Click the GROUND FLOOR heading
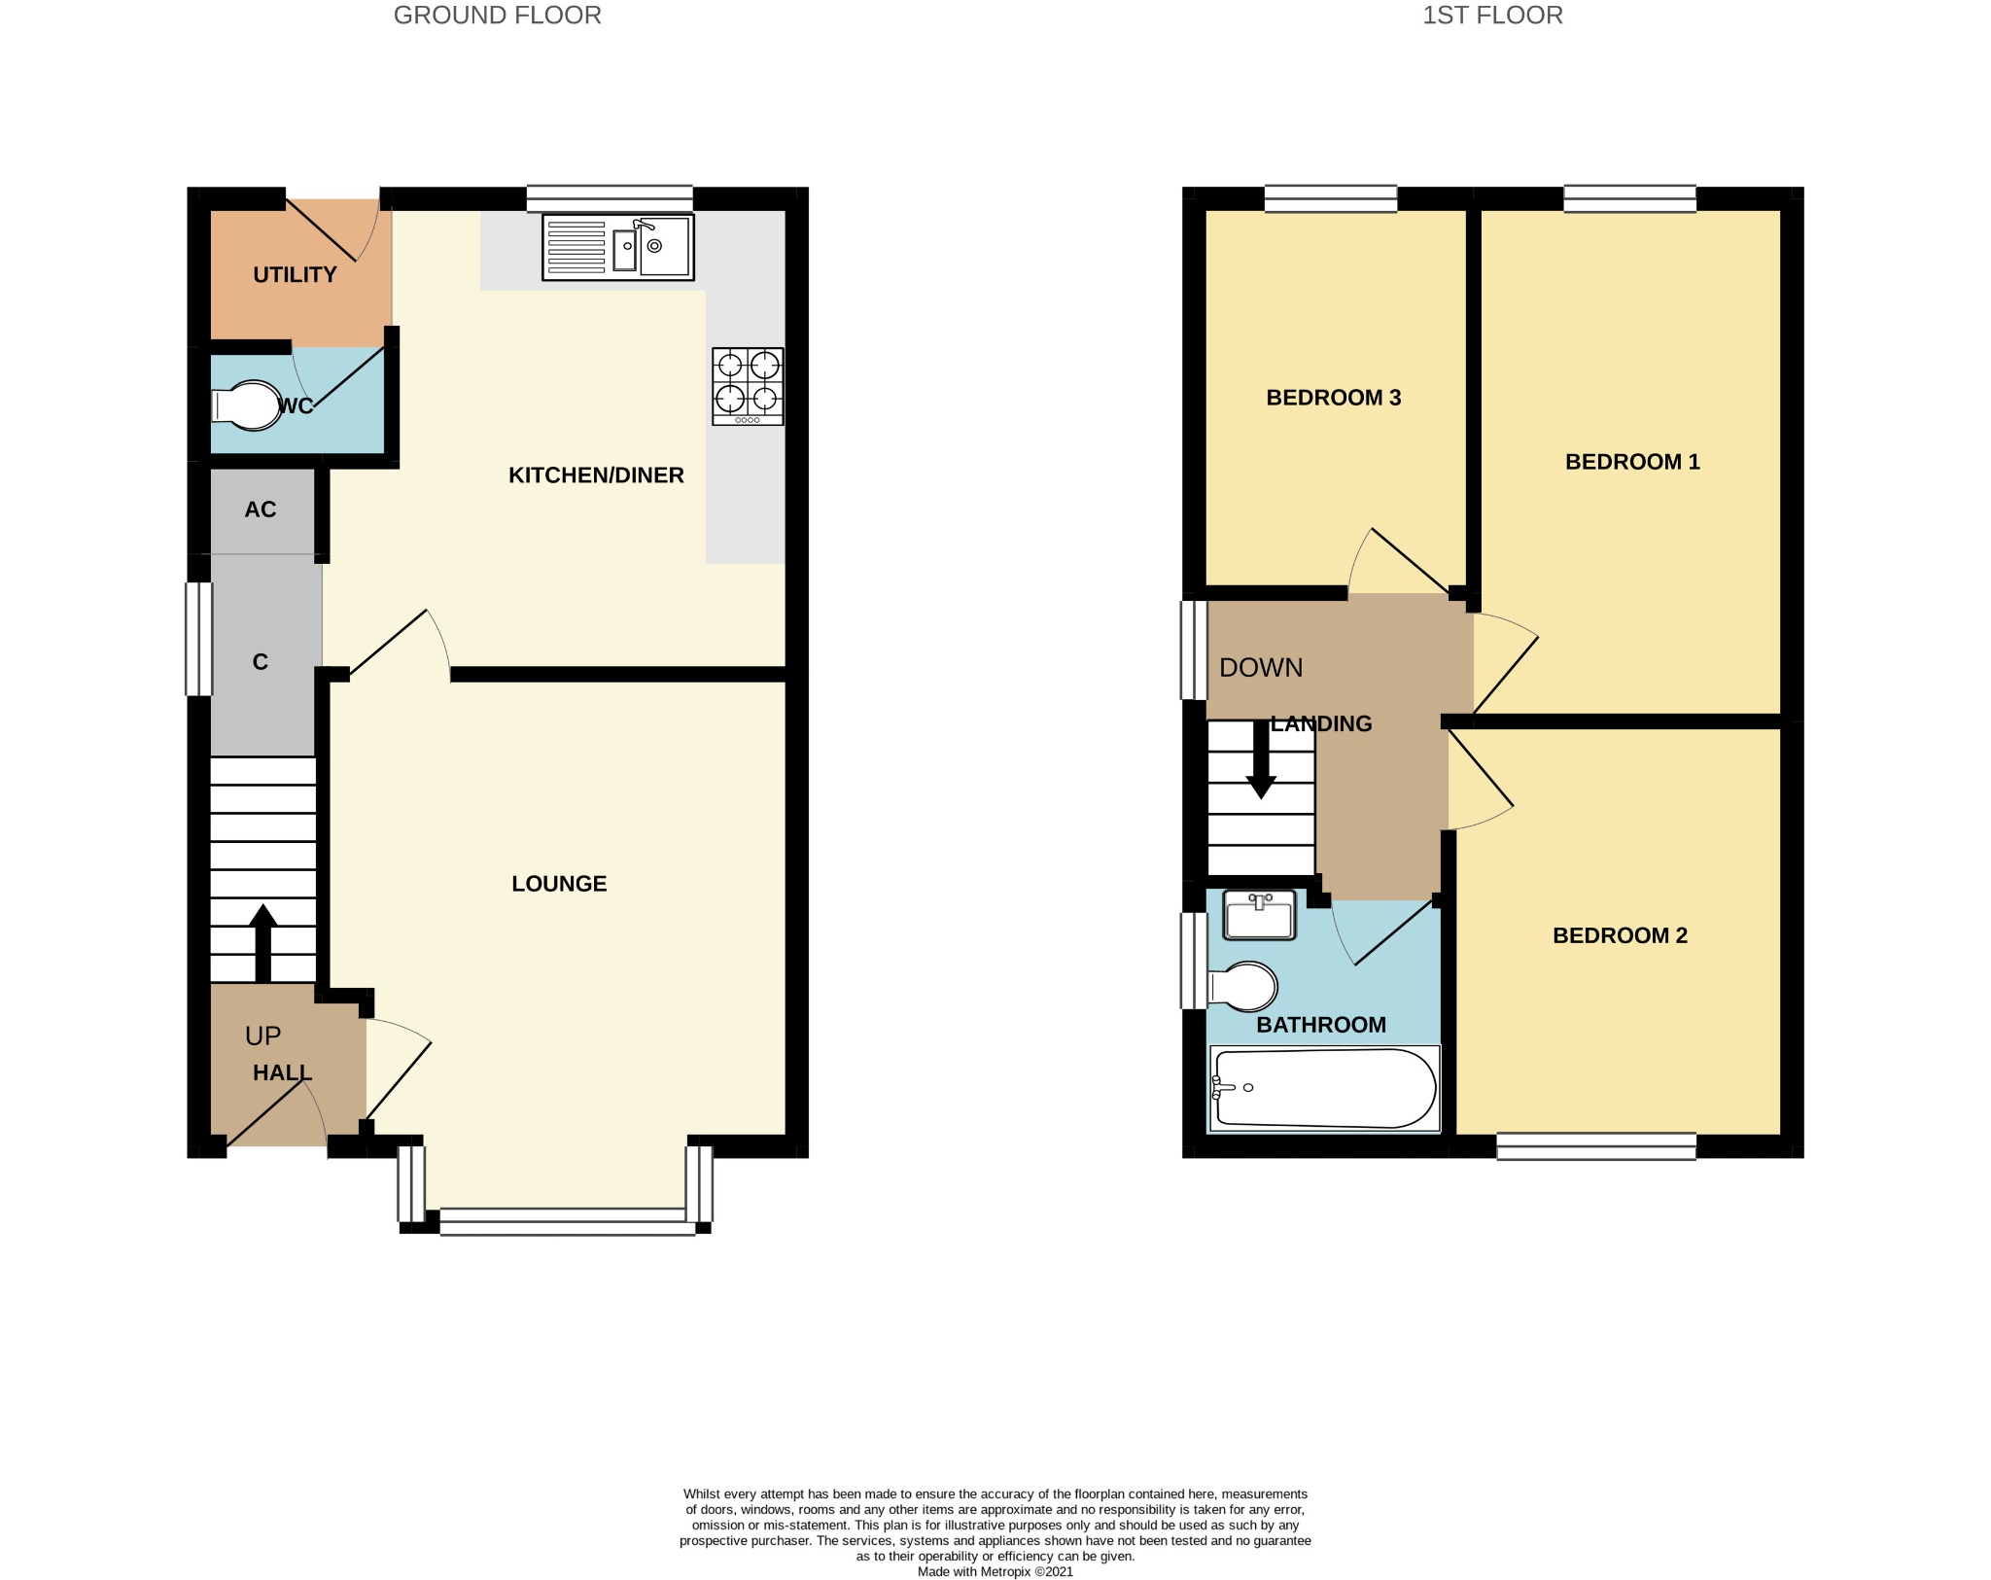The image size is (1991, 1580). point(497,16)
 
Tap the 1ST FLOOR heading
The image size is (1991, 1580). point(1492,16)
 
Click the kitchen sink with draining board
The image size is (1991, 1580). point(618,247)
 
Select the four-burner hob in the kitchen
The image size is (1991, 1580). point(748,386)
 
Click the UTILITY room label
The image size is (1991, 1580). point(295,275)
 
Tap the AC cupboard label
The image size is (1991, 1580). point(261,509)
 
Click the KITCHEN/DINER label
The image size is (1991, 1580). point(596,475)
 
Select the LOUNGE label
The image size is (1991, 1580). point(559,884)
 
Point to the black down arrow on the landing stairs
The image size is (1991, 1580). point(1261,759)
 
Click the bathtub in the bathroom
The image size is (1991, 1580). point(1324,1089)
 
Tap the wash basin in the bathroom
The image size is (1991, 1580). point(1260,916)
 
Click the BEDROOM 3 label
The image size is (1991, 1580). point(1333,398)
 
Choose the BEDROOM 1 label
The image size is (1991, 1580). point(1632,462)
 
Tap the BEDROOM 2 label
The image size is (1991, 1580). point(1620,935)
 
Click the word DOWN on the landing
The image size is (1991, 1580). point(1261,668)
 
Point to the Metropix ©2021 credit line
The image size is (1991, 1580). point(995,1571)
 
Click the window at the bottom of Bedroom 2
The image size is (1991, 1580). point(1596,1146)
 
